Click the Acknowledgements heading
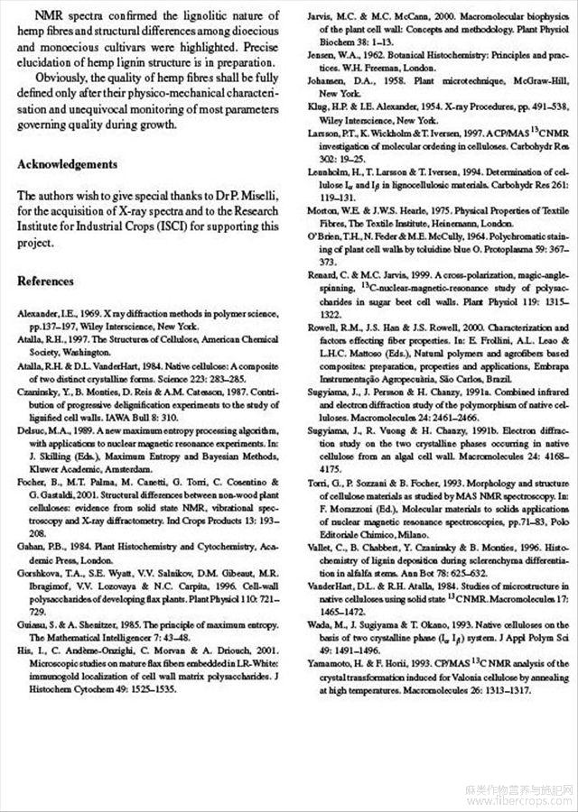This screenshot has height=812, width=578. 68,164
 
